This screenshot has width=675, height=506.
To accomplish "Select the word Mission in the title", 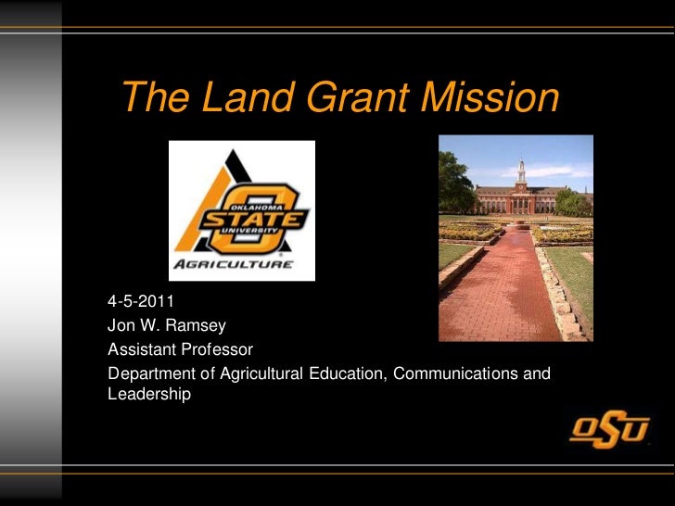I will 491,98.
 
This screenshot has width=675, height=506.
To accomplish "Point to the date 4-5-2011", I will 140,302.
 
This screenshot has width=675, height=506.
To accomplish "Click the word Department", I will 148,374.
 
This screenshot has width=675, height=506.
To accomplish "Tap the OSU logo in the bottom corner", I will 609,429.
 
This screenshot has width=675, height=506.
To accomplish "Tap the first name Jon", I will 121,326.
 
